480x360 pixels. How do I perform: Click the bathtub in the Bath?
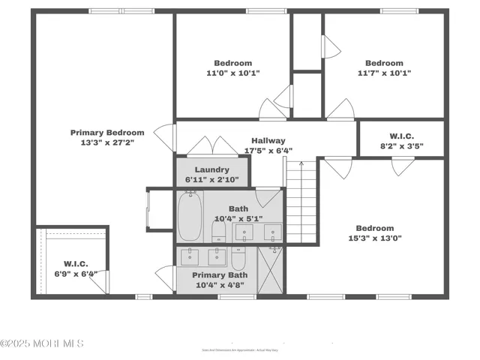coord(190,217)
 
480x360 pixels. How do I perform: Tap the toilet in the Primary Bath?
coord(238,259)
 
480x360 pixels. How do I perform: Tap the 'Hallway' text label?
coord(268,140)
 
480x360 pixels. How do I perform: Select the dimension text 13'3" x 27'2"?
coord(107,142)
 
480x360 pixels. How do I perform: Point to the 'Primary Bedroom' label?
coord(107,133)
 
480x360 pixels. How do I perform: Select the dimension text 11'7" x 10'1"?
coord(384,73)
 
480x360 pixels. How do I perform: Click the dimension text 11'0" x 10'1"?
coord(233,73)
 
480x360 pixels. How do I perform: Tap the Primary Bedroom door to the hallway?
coord(160,136)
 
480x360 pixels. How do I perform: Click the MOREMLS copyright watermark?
coord(42,343)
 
